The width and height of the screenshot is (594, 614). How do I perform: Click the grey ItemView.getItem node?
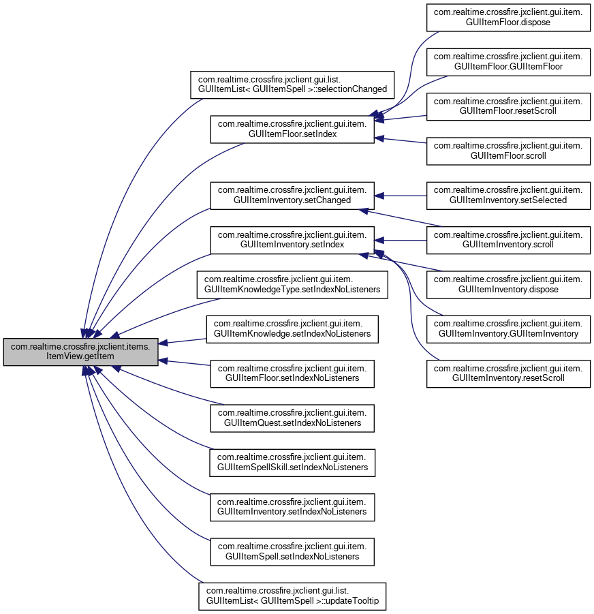coord(80,352)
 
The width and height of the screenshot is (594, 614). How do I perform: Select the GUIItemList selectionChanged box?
coord(292,85)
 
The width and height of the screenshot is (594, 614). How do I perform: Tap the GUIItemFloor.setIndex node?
coord(292,129)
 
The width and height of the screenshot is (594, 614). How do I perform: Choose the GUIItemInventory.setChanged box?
coord(292,196)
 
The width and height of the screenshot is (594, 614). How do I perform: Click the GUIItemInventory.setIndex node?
coord(292,240)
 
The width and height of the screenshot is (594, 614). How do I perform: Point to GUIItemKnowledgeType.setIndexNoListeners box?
coord(292,285)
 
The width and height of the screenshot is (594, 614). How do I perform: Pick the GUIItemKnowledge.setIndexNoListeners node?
coord(292,329)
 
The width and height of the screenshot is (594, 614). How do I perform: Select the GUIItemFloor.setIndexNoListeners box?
coord(292,373)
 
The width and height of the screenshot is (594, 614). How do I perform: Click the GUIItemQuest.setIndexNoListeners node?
coord(292,418)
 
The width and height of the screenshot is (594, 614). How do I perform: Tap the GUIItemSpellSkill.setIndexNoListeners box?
coord(292,463)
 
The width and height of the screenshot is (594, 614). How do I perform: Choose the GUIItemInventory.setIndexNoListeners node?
coord(292,508)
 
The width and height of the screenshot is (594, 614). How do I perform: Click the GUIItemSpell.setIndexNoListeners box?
coord(292,552)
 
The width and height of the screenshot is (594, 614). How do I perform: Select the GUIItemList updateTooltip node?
coord(292,596)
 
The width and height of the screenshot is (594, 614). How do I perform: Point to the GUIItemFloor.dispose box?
coord(508,18)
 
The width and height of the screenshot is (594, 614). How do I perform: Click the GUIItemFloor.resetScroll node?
coord(508,106)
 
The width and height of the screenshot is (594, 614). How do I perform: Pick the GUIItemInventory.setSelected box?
coord(508,196)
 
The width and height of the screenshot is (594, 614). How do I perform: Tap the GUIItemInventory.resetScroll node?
coord(508,373)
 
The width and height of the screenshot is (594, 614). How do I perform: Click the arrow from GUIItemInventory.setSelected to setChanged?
coord(401,196)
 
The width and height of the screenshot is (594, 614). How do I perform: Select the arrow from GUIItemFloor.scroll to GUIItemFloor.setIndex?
coord(401,140)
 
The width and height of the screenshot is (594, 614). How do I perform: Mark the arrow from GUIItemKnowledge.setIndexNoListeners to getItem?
coord(183,341)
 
